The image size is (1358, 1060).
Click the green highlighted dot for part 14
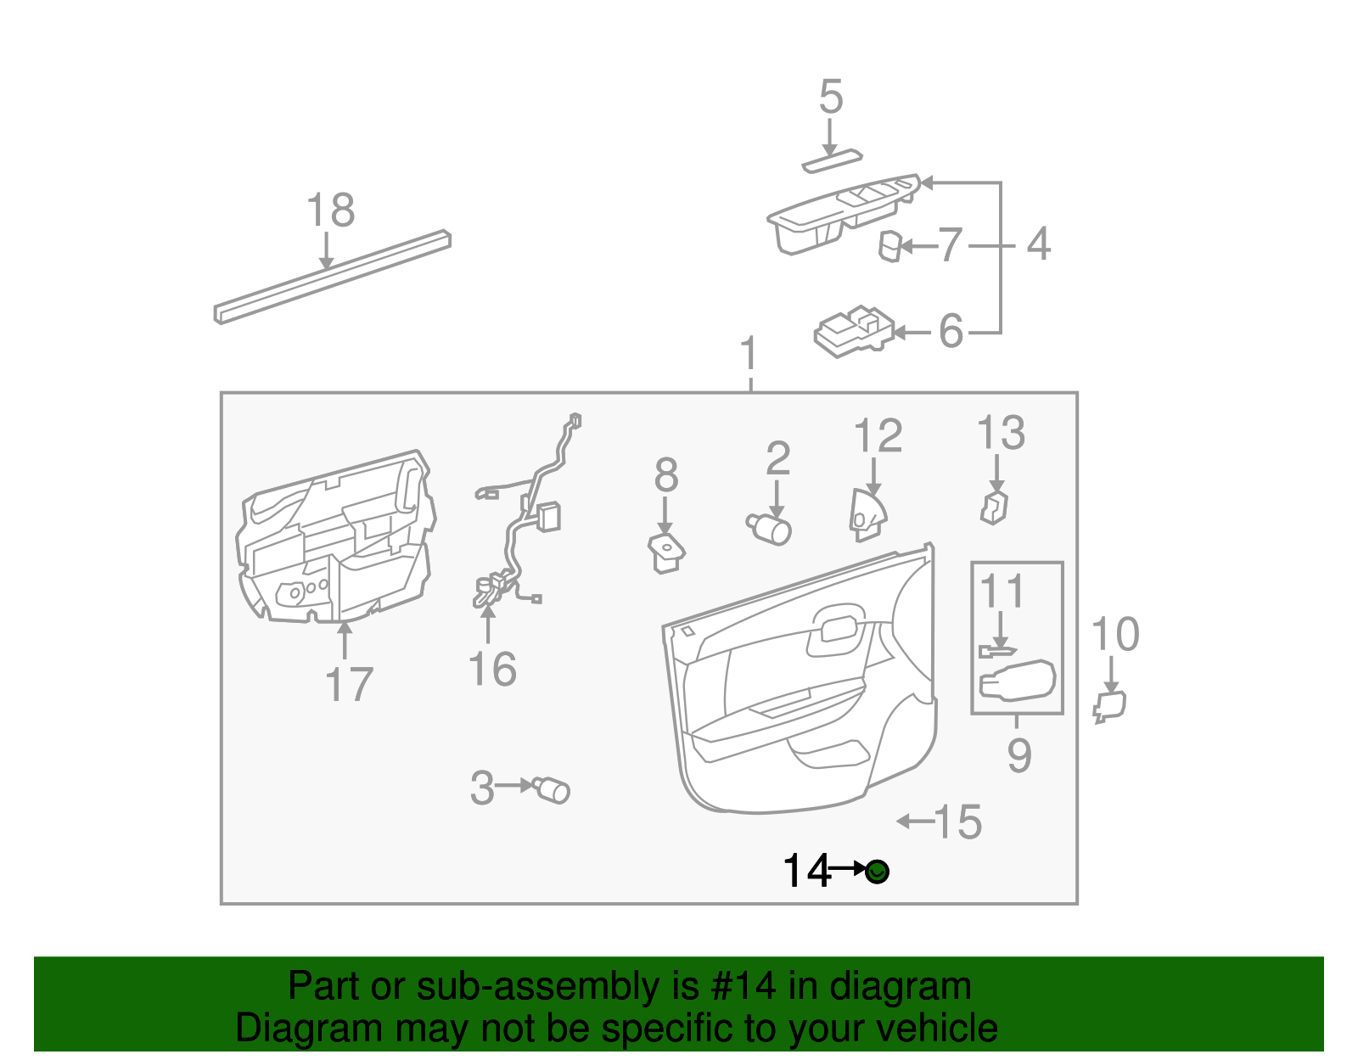point(878,872)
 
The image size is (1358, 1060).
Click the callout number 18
point(329,210)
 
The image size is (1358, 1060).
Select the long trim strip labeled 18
point(332,277)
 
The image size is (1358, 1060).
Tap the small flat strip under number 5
point(831,161)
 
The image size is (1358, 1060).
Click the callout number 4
point(1038,244)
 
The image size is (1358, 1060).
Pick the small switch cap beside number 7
point(889,246)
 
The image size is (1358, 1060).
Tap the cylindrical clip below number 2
point(770,529)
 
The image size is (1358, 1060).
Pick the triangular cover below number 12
point(867,515)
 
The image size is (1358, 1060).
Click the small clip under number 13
point(994,507)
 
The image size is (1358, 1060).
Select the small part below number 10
point(1109,706)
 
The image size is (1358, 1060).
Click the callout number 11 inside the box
point(1002,592)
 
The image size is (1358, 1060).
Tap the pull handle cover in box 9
point(1017,681)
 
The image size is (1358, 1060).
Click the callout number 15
point(958,822)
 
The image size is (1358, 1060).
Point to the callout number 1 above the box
point(749,354)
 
